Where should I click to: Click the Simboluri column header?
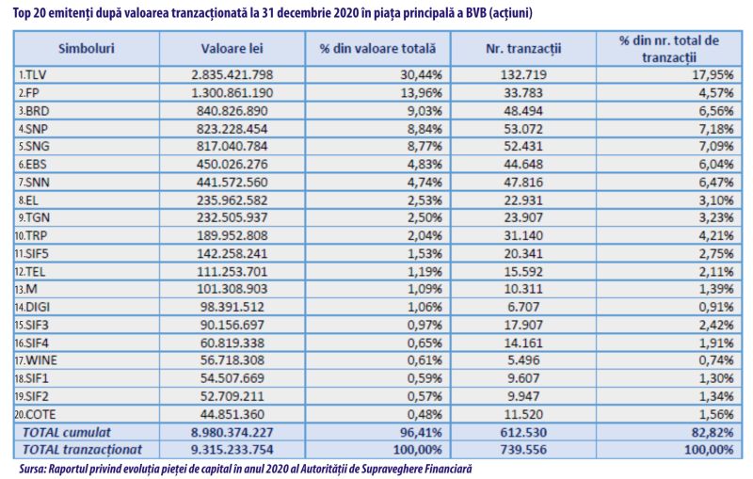click(x=87, y=49)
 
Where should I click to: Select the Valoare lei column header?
click(x=232, y=49)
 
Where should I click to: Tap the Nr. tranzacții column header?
click(x=523, y=49)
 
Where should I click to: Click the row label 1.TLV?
click(x=32, y=75)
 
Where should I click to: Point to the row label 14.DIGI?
click(x=32, y=307)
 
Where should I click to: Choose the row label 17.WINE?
click(x=36, y=360)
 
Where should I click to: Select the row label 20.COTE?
click(x=35, y=414)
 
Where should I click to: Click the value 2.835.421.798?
click(x=232, y=75)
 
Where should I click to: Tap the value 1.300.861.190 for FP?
click(x=232, y=92)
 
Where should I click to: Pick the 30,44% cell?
click(x=421, y=75)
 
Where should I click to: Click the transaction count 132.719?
click(x=523, y=75)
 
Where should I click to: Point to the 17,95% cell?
click(x=713, y=75)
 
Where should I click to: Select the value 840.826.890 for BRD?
click(x=232, y=111)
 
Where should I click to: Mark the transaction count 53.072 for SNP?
click(x=523, y=129)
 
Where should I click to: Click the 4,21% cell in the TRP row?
click(x=716, y=235)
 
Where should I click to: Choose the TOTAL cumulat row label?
click(x=66, y=433)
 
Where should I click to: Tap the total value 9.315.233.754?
click(x=232, y=450)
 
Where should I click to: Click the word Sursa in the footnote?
click(x=32, y=469)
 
